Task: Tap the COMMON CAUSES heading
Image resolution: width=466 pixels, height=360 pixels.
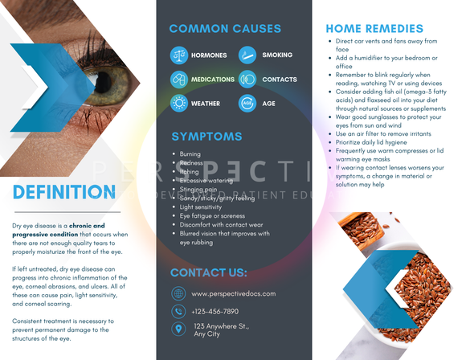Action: [x=225, y=29]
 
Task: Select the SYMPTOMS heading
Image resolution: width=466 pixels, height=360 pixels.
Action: [x=206, y=136]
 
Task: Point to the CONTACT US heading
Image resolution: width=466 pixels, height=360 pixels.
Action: [x=209, y=272]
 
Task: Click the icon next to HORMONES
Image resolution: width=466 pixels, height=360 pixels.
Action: [x=178, y=55]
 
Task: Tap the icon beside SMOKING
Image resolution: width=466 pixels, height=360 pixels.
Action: [x=247, y=55]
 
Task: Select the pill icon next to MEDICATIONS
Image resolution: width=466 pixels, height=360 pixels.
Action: [x=178, y=80]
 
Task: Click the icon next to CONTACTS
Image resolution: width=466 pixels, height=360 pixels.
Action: [x=247, y=80]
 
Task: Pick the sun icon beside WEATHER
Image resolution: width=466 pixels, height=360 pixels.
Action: [x=178, y=104]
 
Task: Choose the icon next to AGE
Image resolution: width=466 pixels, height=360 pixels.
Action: [x=247, y=104]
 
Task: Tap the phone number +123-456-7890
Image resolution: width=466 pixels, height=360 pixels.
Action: [x=215, y=311]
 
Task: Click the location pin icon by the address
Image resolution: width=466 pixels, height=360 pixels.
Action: [x=178, y=329]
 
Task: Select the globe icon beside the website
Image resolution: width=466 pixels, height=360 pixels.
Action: [x=178, y=294]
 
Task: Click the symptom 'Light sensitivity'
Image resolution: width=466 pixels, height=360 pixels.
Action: [x=200, y=207]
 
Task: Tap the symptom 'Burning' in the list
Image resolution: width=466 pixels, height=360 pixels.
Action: [x=190, y=153]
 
